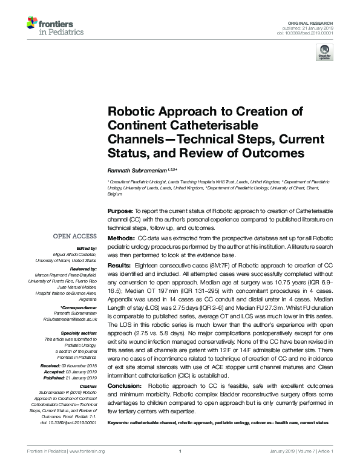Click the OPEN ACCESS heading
point(76,237)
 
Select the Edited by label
point(88,248)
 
